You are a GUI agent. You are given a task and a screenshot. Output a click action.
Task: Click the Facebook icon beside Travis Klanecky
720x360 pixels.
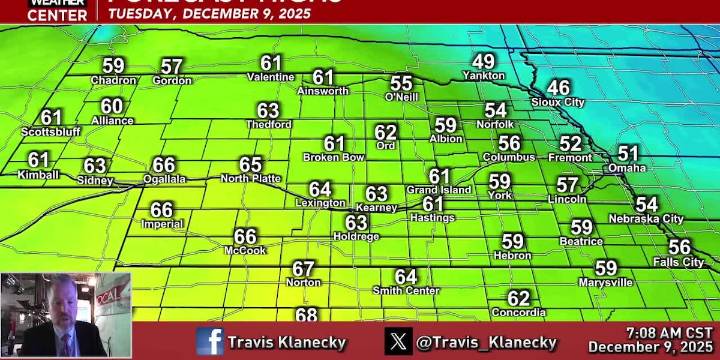point(210,342)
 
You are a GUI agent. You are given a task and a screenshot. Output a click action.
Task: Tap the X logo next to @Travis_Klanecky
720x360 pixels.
point(399,342)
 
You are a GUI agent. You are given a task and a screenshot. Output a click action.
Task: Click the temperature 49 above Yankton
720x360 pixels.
point(484,62)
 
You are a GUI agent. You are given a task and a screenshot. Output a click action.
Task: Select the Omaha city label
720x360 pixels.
point(627,168)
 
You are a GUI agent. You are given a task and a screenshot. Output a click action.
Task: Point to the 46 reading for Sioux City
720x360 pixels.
point(558,88)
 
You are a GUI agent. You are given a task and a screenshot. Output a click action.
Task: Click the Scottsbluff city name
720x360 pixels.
point(50,132)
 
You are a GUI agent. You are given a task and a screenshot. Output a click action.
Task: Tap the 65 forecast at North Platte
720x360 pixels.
point(250,165)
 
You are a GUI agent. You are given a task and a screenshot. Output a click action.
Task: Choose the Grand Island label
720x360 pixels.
point(438,190)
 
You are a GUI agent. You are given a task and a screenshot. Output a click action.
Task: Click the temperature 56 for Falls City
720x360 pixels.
point(679,247)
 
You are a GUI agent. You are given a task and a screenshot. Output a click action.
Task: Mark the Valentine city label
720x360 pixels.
point(270,77)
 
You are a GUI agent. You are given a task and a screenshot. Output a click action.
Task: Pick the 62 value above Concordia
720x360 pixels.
point(518,298)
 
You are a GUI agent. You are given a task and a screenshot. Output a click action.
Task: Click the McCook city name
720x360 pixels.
point(245,251)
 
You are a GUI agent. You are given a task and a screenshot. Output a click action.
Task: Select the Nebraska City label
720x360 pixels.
point(646,218)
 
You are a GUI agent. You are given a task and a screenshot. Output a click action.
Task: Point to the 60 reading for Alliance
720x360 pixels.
point(112,106)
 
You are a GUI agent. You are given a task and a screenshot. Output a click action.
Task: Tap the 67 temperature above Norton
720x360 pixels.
point(303,268)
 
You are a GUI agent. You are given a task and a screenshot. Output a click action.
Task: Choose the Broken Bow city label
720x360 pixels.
point(333,157)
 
